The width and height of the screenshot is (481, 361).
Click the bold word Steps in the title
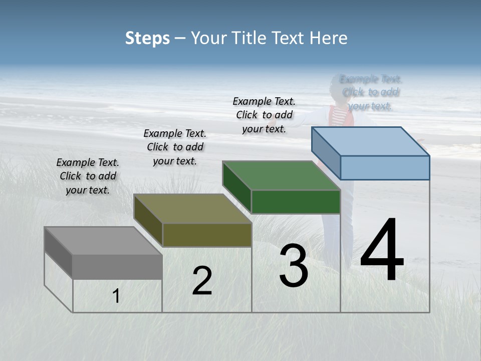pyautogui.click(x=147, y=38)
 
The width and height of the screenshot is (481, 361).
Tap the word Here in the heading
pyautogui.click(x=328, y=38)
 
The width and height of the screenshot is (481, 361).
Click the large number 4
pyautogui.click(x=382, y=251)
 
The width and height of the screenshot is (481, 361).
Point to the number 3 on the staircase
pyautogui.click(x=294, y=266)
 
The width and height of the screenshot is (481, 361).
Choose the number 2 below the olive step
pyautogui.click(x=202, y=281)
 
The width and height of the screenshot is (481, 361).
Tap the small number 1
pyautogui.click(x=116, y=296)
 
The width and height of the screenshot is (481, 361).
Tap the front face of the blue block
pyautogui.click(x=385, y=167)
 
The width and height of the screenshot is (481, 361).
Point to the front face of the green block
pyautogui.click(x=296, y=202)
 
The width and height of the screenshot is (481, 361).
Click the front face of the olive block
pyautogui.click(x=207, y=235)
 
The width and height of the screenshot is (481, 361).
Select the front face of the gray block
pyautogui.click(x=117, y=267)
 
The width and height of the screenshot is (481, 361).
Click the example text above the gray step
pyautogui.click(x=88, y=176)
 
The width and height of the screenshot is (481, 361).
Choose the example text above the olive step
pyautogui.click(x=175, y=147)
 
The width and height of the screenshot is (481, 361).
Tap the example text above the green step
pyautogui.click(x=264, y=115)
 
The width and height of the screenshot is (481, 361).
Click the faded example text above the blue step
pyautogui.click(x=371, y=92)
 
